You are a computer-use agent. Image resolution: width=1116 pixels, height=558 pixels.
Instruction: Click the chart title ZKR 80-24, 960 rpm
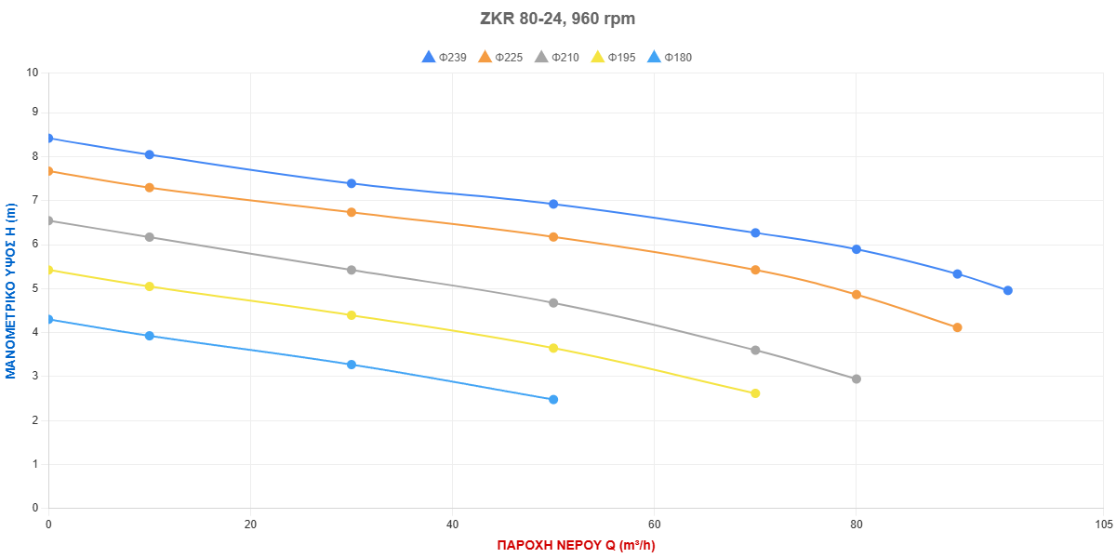point(557,19)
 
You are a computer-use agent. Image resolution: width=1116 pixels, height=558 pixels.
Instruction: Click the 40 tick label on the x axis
point(452,525)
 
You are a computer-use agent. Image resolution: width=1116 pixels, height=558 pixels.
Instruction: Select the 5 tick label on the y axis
point(35,288)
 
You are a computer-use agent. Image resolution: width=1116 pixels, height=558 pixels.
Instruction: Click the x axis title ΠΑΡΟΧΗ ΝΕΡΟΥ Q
point(576,545)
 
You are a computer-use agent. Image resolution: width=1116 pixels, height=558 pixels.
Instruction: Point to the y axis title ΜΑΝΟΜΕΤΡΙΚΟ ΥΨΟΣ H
point(11,290)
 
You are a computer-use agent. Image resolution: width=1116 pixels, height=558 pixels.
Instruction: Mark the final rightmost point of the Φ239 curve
point(1007,290)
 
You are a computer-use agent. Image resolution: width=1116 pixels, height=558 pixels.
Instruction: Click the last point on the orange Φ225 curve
point(957,327)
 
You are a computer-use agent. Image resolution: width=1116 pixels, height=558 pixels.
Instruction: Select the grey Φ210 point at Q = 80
point(857,379)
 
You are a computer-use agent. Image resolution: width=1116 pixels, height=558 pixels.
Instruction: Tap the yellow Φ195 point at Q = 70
point(755,393)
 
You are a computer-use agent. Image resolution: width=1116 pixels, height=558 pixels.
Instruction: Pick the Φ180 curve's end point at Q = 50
point(553,399)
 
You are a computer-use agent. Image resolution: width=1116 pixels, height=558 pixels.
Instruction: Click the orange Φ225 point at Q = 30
point(352,212)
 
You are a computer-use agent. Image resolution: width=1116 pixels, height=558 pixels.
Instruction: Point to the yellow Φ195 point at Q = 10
point(150,286)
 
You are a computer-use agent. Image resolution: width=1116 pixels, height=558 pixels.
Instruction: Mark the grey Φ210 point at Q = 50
point(553,302)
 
